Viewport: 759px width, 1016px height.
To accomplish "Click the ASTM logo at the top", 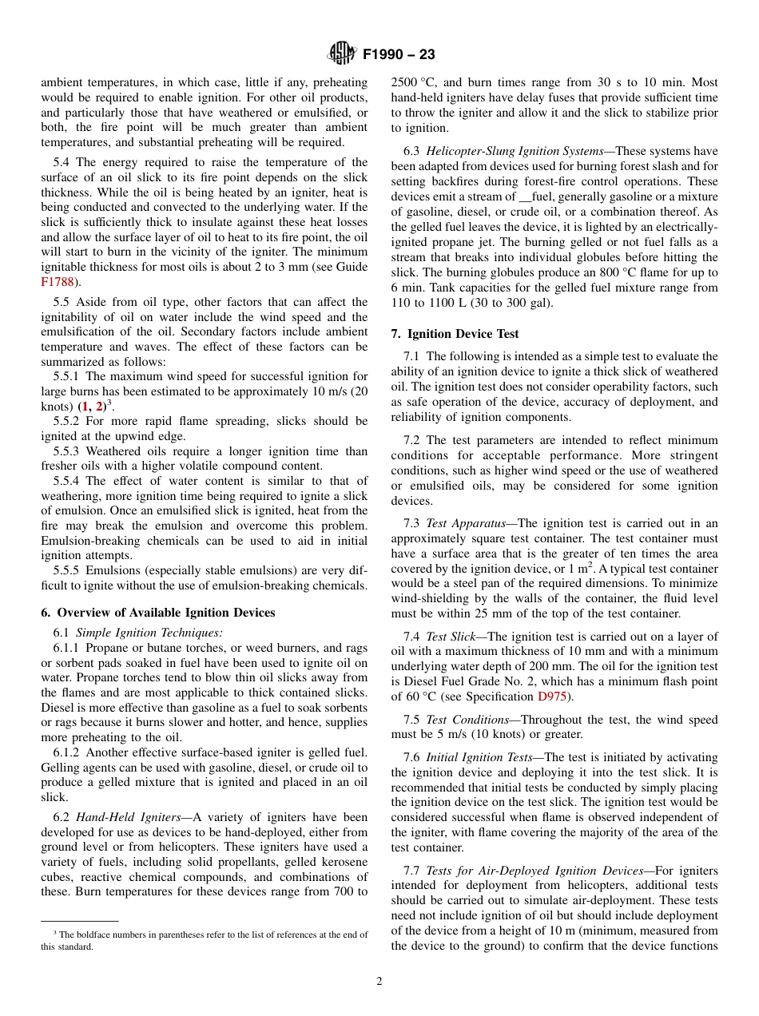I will click(x=342, y=54).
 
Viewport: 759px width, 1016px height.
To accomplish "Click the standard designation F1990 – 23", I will click(x=399, y=55).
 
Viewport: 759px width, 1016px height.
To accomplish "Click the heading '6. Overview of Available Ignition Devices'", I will click(x=158, y=613).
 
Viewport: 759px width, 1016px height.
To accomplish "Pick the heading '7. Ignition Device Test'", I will click(x=455, y=334).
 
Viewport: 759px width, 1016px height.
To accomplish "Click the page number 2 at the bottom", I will click(x=379, y=982).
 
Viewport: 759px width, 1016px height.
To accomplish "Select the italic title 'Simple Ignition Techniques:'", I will click(x=149, y=633).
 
